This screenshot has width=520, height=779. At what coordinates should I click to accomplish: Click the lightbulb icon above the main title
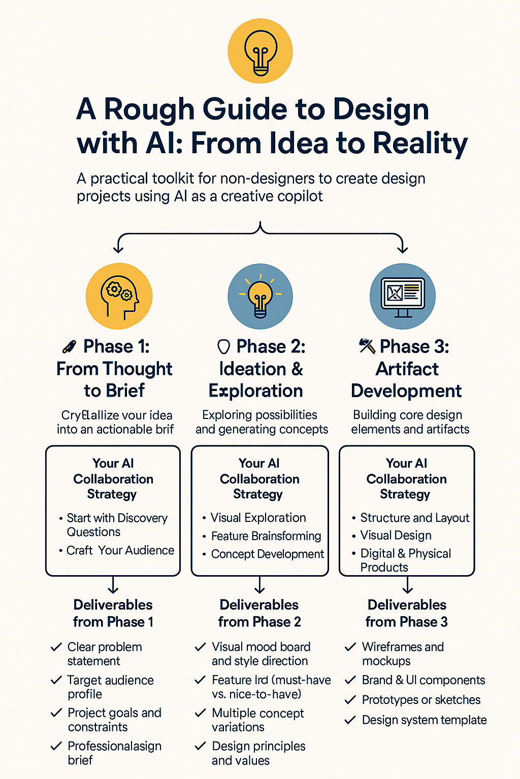coord(260,51)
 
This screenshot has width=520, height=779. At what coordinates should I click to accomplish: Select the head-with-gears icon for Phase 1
coord(119,296)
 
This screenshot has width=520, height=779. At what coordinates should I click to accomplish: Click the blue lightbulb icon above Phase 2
coord(260,296)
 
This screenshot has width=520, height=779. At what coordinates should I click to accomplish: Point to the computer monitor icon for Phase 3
coord(403,296)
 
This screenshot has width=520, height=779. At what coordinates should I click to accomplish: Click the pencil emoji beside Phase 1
coord(69,347)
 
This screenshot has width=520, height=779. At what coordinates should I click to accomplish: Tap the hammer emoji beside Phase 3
coord(367,346)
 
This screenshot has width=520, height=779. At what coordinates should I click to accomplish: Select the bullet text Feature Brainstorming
coord(266,536)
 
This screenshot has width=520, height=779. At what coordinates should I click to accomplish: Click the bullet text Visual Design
coord(396,535)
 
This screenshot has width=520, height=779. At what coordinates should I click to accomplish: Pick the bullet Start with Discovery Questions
coord(117,525)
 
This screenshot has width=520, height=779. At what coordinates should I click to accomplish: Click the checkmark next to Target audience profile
coord(56,680)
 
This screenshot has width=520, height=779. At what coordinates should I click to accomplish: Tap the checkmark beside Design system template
coord(350,720)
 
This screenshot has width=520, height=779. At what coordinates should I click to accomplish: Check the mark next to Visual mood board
coord(201,647)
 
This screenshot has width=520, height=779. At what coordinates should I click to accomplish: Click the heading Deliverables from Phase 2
coord(259,613)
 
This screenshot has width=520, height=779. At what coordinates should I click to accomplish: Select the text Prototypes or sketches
coord(421,700)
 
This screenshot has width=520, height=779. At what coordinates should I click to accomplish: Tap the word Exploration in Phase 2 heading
coord(256,391)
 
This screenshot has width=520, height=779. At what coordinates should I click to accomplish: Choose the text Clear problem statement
coord(104,654)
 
